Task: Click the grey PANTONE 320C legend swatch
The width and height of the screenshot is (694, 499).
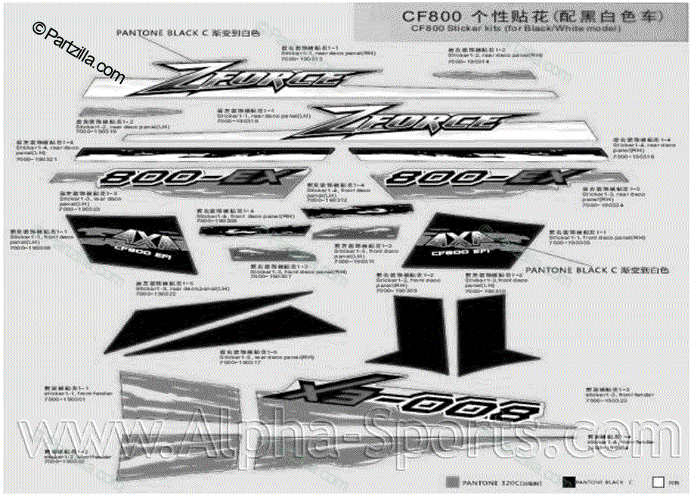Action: [x=453, y=482]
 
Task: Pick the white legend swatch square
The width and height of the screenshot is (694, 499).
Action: [x=658, y=481]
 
